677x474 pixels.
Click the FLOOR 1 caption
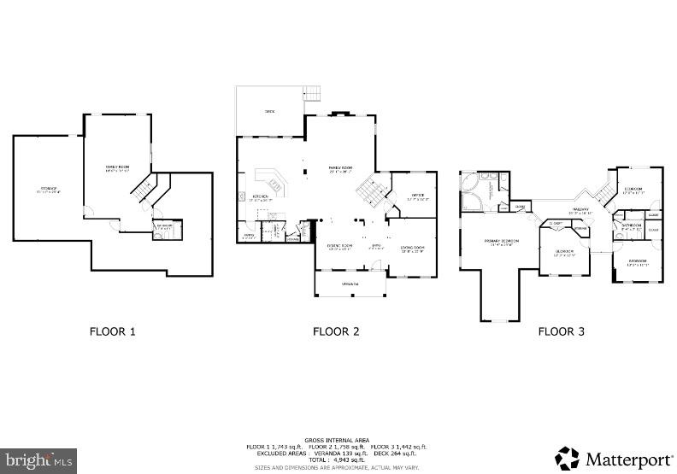coord(113,331)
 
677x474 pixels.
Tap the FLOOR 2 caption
coord(335,331)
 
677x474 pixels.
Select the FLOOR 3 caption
coord(561,331)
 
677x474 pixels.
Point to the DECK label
coord(269,111)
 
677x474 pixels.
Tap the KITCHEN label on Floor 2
coord(261,197)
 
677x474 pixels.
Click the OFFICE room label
coord(418,196)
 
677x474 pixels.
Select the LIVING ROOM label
coord(413,248)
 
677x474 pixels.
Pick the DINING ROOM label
coord(340,247)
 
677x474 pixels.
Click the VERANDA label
coord(350,284)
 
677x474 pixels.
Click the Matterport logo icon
coord(567,459)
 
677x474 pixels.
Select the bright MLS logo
coord(38,461)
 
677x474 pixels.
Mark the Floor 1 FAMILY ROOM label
coord(116,167)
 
